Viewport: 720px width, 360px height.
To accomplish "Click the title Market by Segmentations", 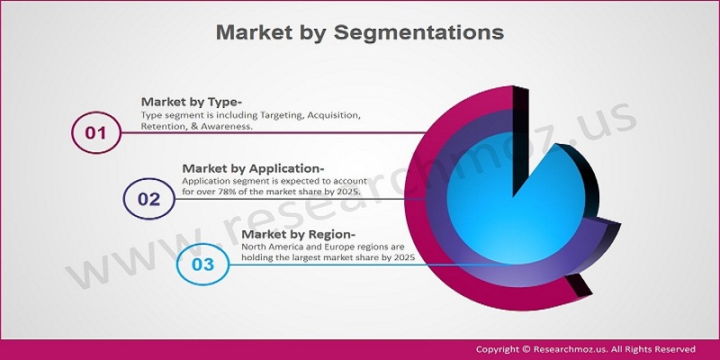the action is coord(359,32).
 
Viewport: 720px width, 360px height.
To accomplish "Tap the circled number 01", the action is coord(95,132).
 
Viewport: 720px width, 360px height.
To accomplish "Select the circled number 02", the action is coord(148,199).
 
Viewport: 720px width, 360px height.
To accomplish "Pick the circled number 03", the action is coord(203,265).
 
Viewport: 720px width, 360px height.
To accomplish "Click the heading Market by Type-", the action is coord(192,102).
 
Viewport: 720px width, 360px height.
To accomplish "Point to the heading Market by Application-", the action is coord(253,168).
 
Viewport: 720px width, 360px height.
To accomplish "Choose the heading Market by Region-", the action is coord(299,234).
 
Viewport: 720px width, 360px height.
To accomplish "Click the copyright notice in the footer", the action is coord(586,349).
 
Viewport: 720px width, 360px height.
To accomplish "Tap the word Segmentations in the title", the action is coord(418,33).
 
